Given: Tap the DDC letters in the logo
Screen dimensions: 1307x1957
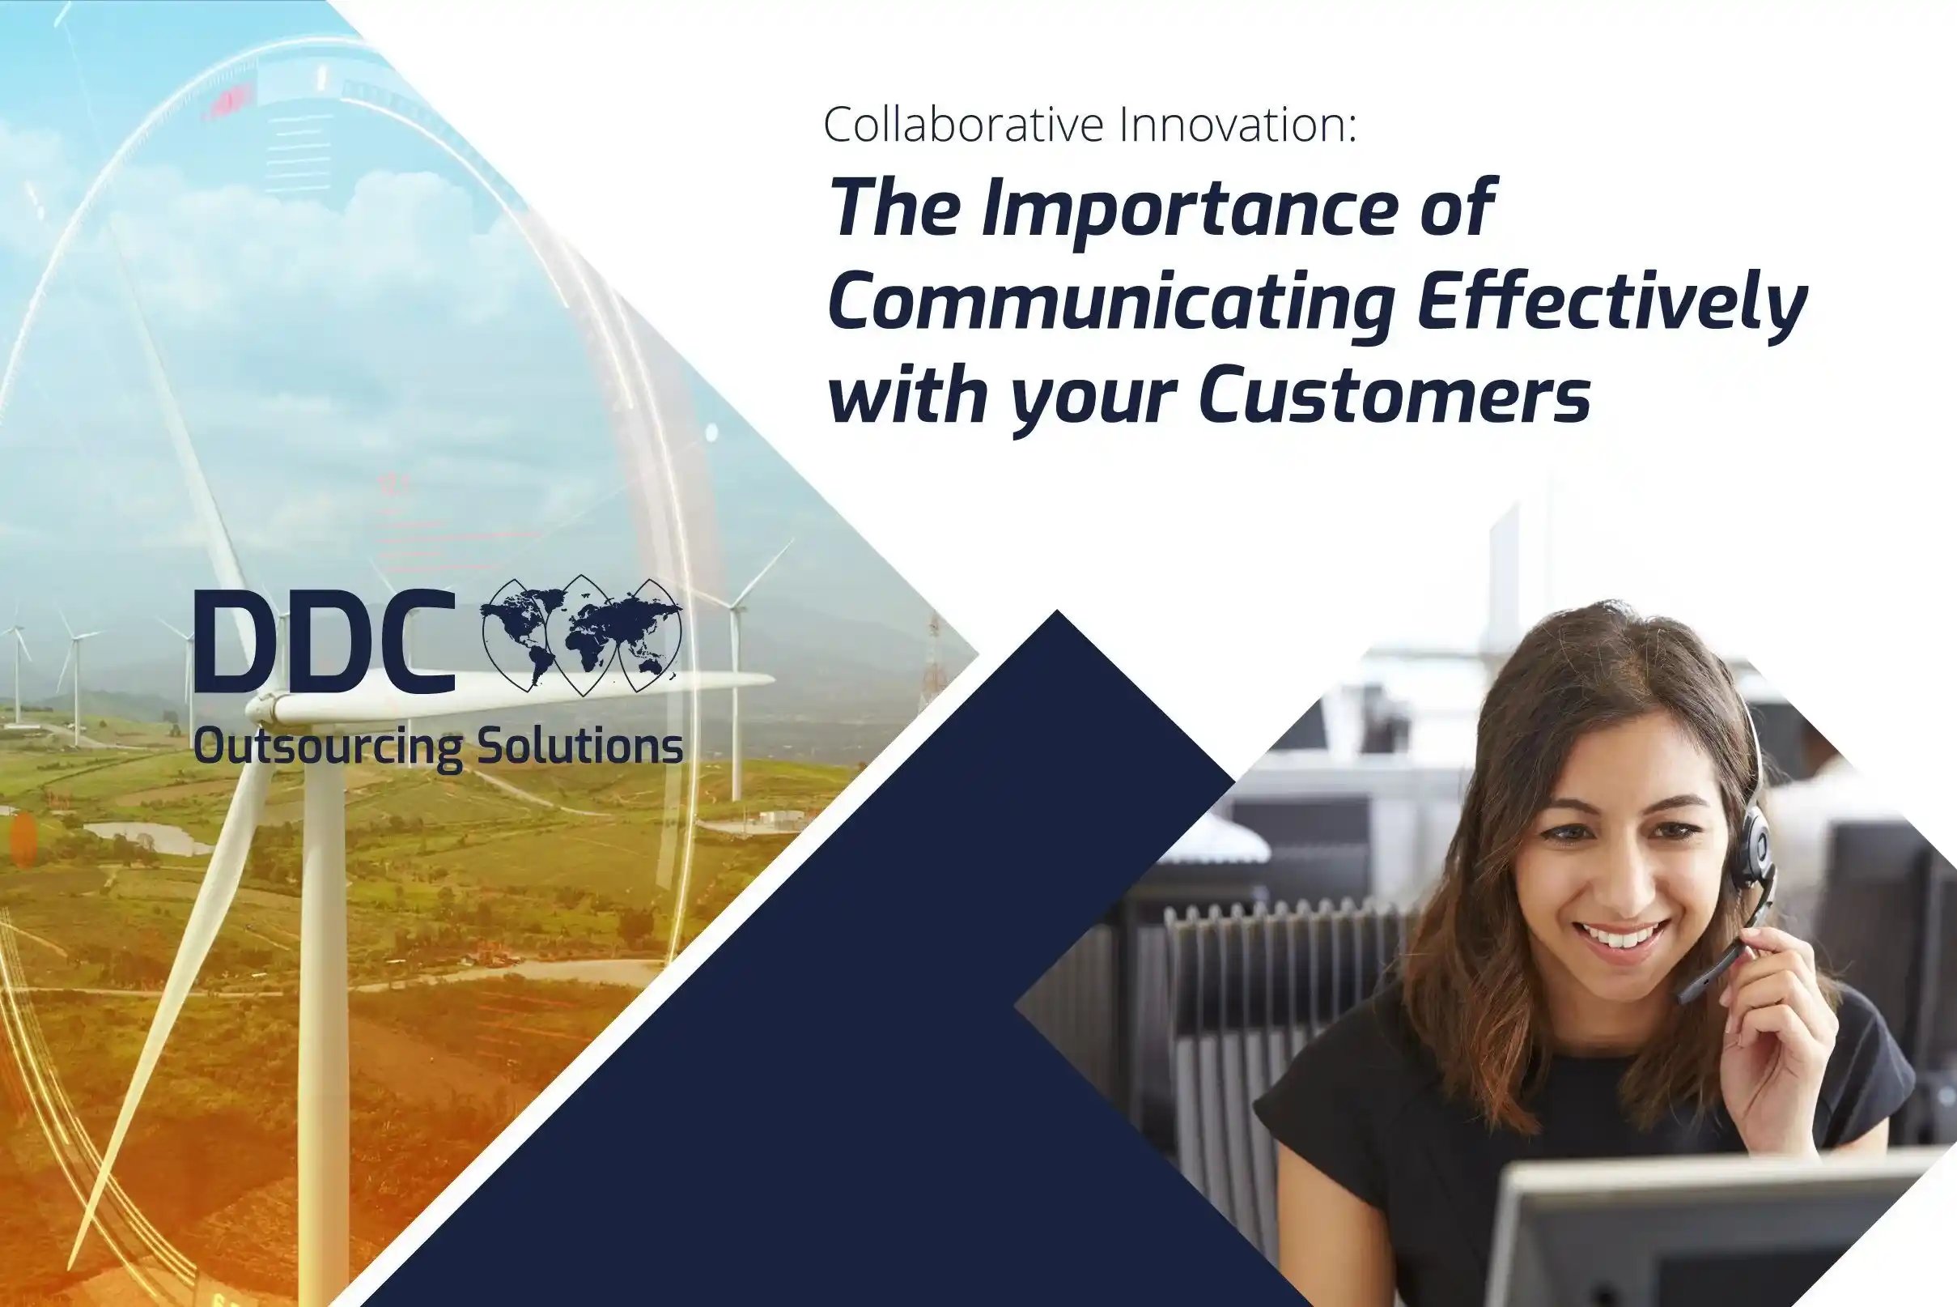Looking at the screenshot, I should coord(325,642).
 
